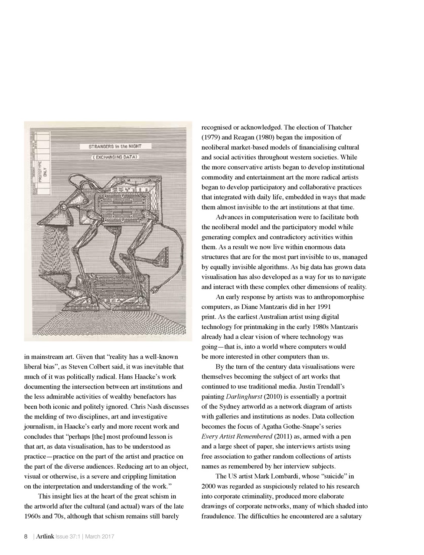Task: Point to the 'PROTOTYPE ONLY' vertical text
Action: (x=42, y=173)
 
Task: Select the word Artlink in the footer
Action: (x=46, y=537)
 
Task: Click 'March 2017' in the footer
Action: (x=99, y=537)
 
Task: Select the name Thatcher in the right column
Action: (x=338, y=127)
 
